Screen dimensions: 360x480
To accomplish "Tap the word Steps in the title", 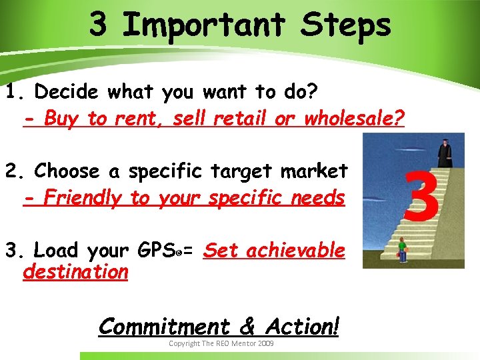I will coord(346,25).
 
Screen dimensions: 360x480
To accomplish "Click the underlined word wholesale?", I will coord(354,119).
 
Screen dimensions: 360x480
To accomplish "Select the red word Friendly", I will coord(83,198).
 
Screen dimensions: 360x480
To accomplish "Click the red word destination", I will coord(75,272).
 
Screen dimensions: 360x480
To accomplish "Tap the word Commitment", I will coord(163,326).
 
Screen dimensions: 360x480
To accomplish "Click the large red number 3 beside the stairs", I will coord(422,195).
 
